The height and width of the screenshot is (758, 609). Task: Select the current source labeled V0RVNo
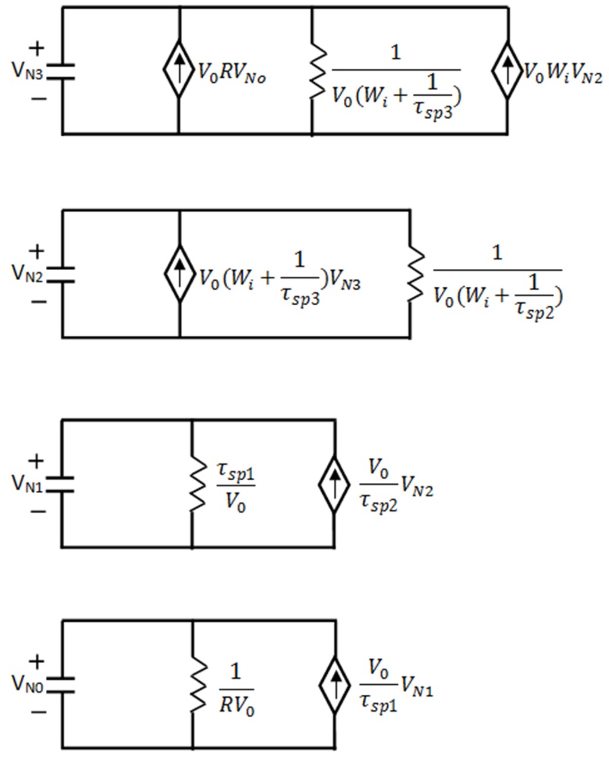point(178,70)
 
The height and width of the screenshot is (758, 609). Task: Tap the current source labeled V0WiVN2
point(507,70)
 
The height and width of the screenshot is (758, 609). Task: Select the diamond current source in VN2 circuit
point(178,274)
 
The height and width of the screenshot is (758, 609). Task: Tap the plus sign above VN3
point(37,48)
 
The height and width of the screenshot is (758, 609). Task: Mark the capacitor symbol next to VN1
point(61,484)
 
